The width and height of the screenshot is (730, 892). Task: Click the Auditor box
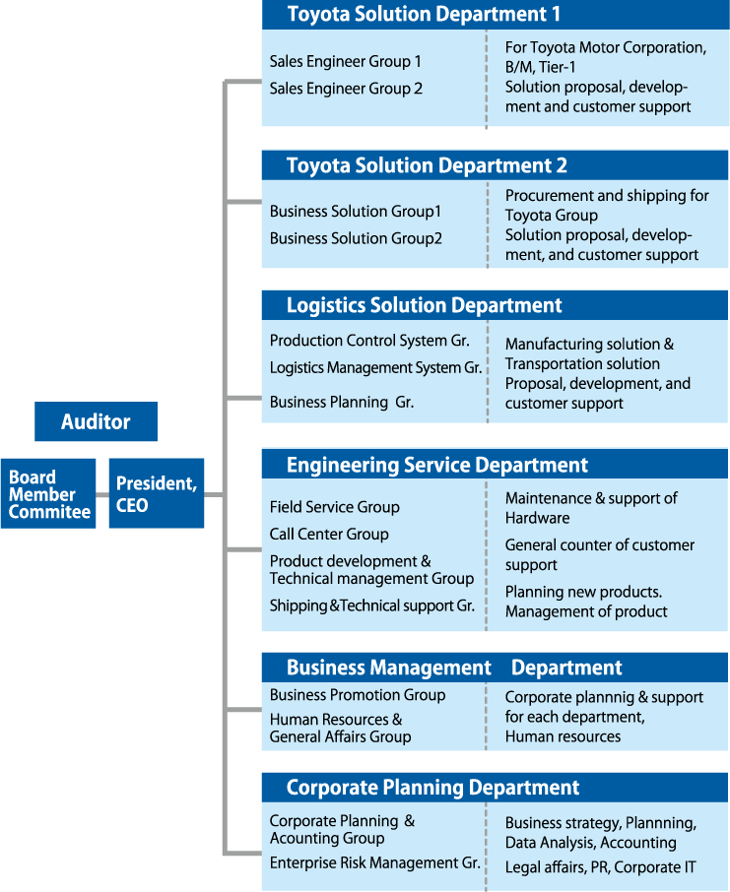[96, 421]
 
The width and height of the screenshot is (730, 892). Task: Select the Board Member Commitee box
[48, 494]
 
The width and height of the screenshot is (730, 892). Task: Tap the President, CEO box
[157, 494]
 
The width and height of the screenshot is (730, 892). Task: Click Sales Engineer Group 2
[346, 89]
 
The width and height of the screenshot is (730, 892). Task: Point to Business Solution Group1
[356, 212]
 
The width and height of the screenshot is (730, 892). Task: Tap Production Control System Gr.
[370, 341]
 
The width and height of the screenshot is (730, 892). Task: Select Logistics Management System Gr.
[375, 367]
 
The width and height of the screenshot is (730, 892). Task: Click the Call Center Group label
[329, 535]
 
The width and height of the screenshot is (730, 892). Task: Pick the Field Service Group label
[335, 507]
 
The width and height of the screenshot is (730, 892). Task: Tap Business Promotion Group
[358, 695]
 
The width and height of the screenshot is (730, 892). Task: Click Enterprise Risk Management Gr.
[375, 863]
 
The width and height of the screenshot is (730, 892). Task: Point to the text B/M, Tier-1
[541, 67]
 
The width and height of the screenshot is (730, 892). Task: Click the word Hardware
[538, 518]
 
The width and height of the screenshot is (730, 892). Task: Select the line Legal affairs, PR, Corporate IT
[601, 867]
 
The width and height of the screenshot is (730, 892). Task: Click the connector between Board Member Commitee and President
[102, 494]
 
